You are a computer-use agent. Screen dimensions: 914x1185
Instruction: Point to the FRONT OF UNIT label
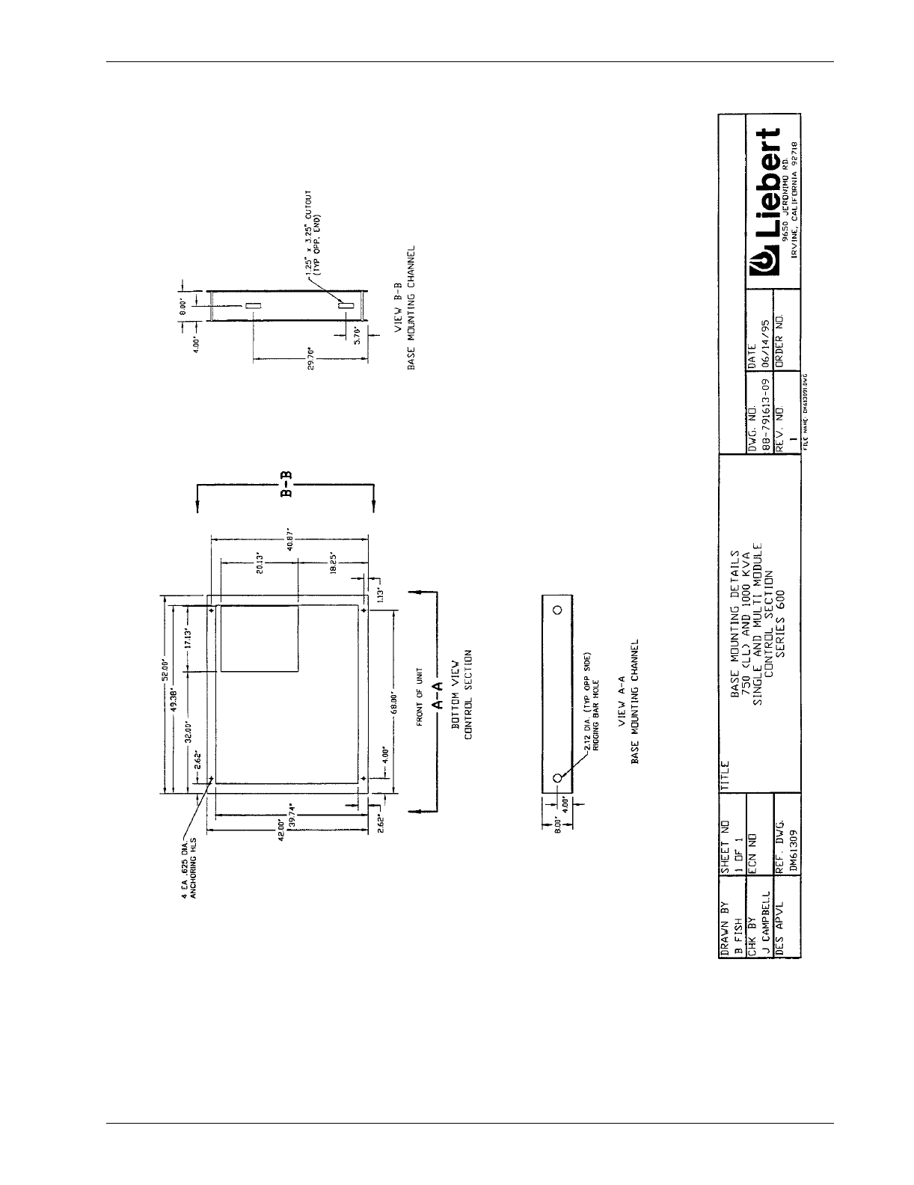point(420,699)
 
